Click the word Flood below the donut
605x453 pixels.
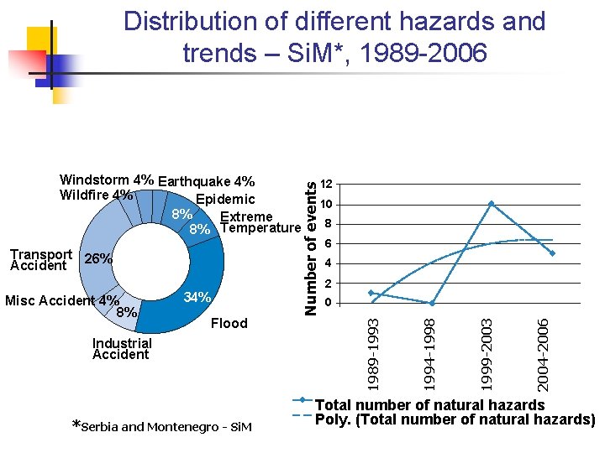229,324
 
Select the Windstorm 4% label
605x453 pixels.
107,180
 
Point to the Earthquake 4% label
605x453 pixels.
206,181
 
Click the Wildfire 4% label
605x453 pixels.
97,195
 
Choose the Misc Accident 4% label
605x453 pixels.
62,300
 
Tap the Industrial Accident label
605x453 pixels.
122,348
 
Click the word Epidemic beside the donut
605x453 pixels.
224,200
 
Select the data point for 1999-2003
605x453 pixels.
492,203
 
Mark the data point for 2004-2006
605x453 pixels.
552,253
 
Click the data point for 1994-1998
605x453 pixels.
431,303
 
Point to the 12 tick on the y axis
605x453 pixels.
328,185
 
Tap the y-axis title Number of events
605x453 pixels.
312,240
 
